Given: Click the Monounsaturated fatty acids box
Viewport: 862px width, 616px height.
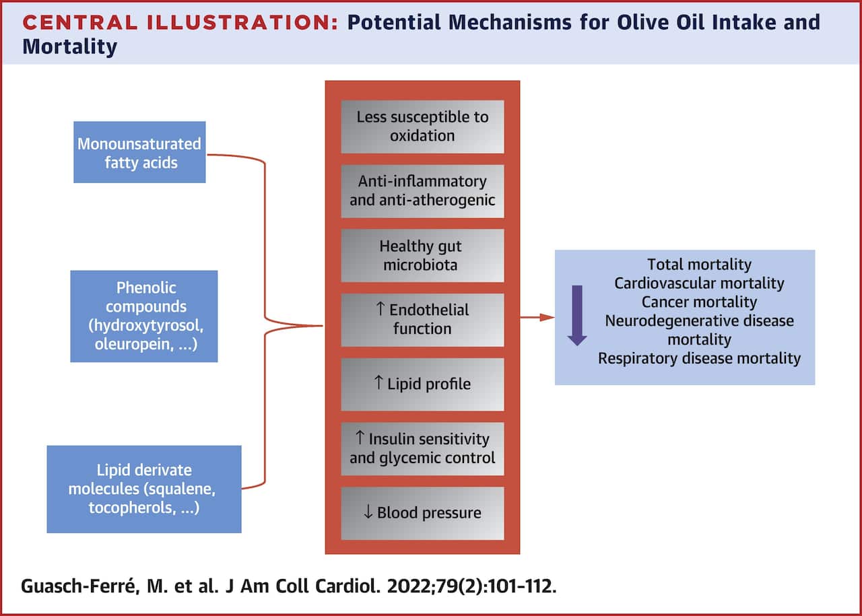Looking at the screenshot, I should [139, 152].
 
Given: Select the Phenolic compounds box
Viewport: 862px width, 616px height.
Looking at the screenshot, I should [144, 316].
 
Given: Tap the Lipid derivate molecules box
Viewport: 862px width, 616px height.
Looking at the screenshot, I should [144, 489].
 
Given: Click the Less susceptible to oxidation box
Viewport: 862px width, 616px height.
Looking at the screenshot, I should [422, 126].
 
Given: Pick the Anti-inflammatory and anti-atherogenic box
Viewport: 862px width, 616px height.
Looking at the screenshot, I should [422, 191].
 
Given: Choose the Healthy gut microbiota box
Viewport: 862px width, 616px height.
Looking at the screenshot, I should [422, 255].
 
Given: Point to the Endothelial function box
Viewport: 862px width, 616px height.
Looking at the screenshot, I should [422, 319].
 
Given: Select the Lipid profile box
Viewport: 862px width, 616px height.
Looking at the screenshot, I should [422, 384].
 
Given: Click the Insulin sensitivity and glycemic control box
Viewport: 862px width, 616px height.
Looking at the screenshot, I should [422, 448].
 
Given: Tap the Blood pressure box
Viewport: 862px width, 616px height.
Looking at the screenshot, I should [422, 512].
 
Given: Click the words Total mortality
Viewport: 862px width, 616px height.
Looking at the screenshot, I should [699, 265].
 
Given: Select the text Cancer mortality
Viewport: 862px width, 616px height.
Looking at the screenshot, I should [699, 302].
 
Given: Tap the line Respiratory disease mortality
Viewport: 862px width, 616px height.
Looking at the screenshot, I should [699, 357].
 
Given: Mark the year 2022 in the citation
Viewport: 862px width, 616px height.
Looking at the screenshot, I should [407, 585].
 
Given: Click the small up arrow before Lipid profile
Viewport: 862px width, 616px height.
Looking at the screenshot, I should [378, 384].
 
